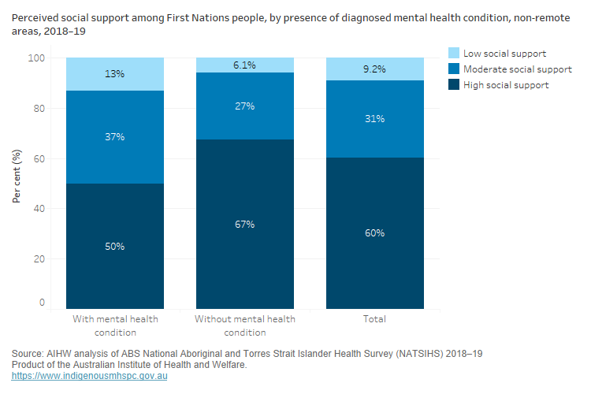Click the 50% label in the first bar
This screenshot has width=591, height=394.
[x=115, y=247]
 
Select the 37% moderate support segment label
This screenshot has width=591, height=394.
[x=115, y=137]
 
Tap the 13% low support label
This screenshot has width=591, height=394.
[x=115, y=74]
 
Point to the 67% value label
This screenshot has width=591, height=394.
[x=244, y=225]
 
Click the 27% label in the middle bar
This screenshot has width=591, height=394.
[x=244, y=106]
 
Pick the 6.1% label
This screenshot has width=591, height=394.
[x=244, y=65]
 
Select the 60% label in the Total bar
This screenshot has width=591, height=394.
[x=375, y=233]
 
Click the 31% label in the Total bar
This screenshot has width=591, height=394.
[x=375, y=119]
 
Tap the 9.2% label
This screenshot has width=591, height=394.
[x=375, y=69]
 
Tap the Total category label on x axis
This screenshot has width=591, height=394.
[x=375, y=319]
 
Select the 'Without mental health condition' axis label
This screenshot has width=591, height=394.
[x=244, y=325]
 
